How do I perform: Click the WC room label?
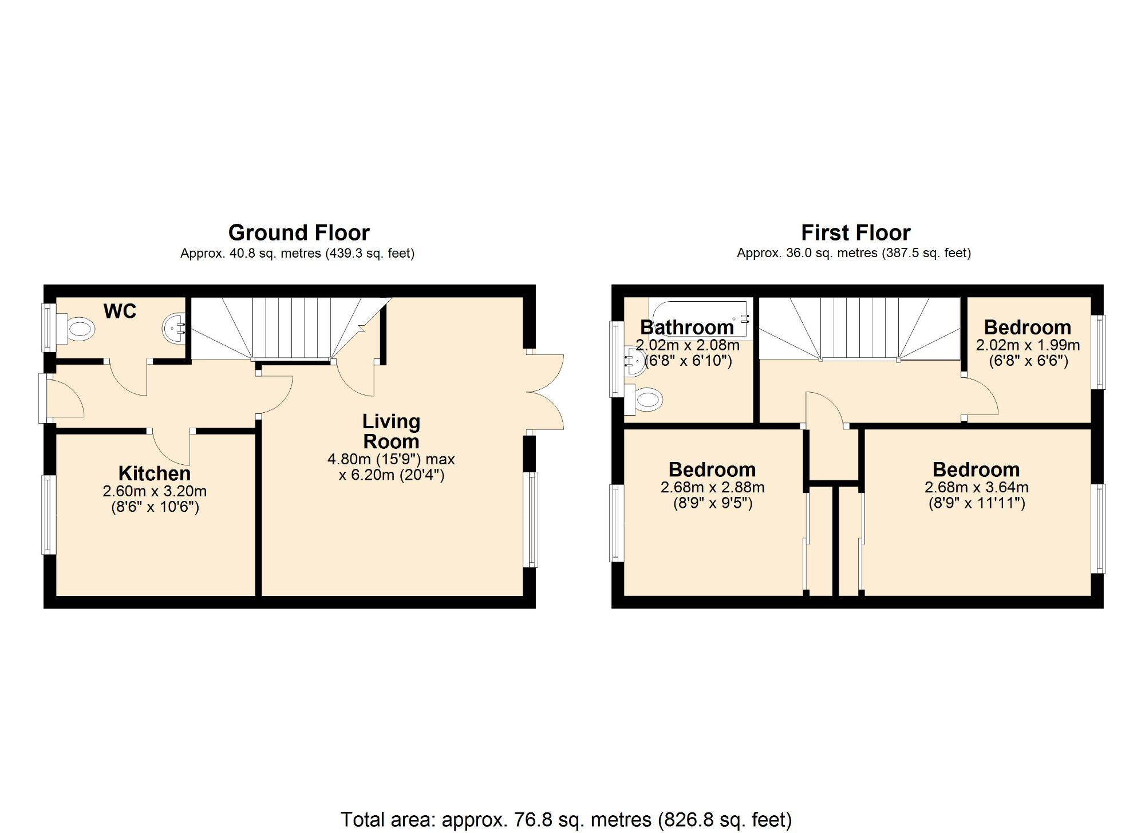pos(120,311)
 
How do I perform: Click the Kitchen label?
pos(155,473)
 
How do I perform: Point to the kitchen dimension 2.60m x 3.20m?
pos(155,491)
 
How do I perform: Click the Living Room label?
pos(391,432)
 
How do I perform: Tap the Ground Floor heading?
pos(299,233)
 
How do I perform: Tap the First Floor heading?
pos(855,233)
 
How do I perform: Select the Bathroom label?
pos(686,327)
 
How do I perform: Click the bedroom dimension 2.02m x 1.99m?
pos(1028,346)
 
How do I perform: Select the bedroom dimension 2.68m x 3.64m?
pos(976,488)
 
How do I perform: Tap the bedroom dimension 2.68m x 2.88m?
pos(712,488)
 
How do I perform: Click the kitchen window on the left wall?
pos(49,515)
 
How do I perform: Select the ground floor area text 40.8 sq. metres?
pos(297,254)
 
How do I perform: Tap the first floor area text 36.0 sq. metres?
pos(854,254)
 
